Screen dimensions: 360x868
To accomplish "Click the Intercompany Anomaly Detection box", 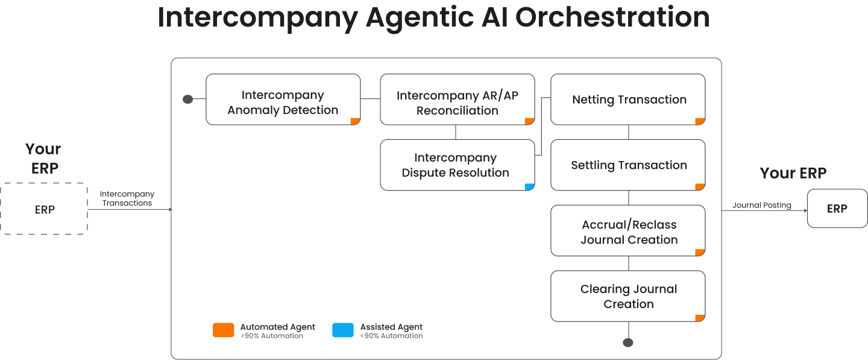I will [x=283, y=99].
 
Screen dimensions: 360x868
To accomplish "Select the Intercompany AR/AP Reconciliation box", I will [x=457, y=99].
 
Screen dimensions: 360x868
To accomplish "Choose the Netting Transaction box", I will [x=628, y=99].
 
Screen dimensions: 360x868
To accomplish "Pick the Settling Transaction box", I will [x=628, y=165].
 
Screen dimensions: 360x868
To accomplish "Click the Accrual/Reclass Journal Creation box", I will [x=628, y=231].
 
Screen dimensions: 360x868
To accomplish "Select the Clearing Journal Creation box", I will [x=628, y=296].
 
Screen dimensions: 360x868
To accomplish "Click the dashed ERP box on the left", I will [x=44, y=209].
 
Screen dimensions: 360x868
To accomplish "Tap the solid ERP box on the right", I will [x=837, y=209].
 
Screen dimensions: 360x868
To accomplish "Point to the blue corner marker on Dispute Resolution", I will [x=530, y=187].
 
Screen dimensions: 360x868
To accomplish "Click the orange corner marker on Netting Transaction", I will [x=700, y=121].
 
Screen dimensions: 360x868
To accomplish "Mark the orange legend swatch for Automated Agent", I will [x=223, y=330].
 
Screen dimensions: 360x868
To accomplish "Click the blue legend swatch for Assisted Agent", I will [x=343, y=330].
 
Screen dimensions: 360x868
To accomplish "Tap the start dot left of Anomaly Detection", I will [x=187, y=99].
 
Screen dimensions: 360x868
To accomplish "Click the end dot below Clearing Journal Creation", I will [x=628, y=343].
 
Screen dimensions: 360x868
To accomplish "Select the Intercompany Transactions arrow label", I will [x=127, y=198].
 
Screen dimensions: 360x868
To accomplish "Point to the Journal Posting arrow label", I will [x=761, y=205].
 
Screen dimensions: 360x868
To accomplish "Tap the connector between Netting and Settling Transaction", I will [x=629, y=133].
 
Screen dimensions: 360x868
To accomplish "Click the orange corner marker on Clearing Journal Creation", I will [x=700, y=318].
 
